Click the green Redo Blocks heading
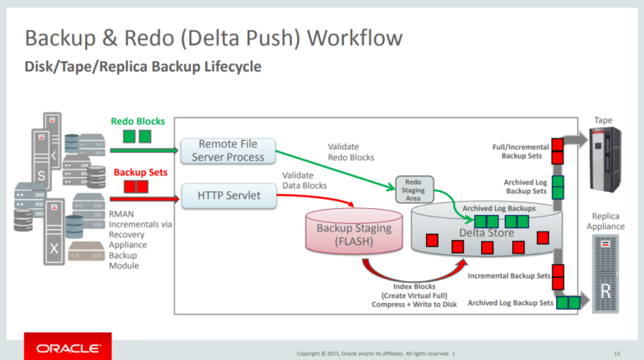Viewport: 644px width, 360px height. pyautogui.click(x=138, y=122)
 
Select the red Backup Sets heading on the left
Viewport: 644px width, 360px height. pyautogui.click(x=137, y=172)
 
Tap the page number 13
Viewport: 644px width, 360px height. pyautogui.click(x=617, y=352)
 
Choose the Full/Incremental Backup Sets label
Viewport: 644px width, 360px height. pyautogui.click(x=522, y=152)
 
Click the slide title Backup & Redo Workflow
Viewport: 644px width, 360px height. pyautogui.click(x=213, y=38)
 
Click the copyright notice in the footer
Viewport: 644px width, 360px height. pyautogui.click(x=376, y=352)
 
